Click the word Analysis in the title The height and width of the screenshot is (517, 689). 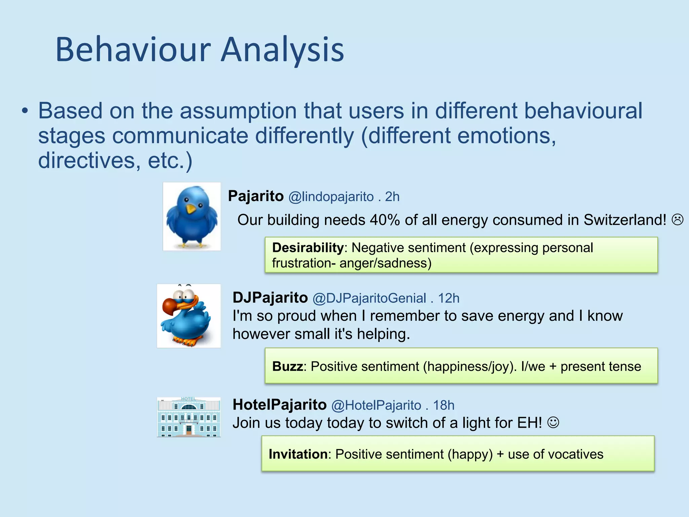pyautogui.click(x=283, y=50)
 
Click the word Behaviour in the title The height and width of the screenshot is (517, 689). pyautogui.click(x=133, y=50)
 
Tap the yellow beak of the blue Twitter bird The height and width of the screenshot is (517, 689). pyautogui.click(x=191, y=209)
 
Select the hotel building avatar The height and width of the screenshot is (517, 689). pyautogui.click(x=189, y=417)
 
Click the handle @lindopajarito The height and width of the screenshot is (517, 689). pyautogui.click(x=331, y=197)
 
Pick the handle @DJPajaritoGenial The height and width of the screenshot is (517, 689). pyautogui.click(x=369, y=299)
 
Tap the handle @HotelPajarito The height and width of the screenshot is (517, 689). pyautogui.click(x=376, y=406)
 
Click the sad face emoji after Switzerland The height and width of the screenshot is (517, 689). pyautogui.click(x=678, y=220)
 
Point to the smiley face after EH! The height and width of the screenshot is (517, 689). pyautogui.click(x=553, y=422)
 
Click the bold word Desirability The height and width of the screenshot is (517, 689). pyautogui.click(x=308, y=248)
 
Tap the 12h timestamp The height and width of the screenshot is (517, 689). pyautogui.click(x=448, y=299)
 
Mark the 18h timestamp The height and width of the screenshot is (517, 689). pyautogui.click(x=443, y=406)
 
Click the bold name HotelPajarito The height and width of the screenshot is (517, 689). pyautogui.click(x=280, y=405)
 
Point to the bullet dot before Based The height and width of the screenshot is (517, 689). pyautogui.click(x=25, y=111)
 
